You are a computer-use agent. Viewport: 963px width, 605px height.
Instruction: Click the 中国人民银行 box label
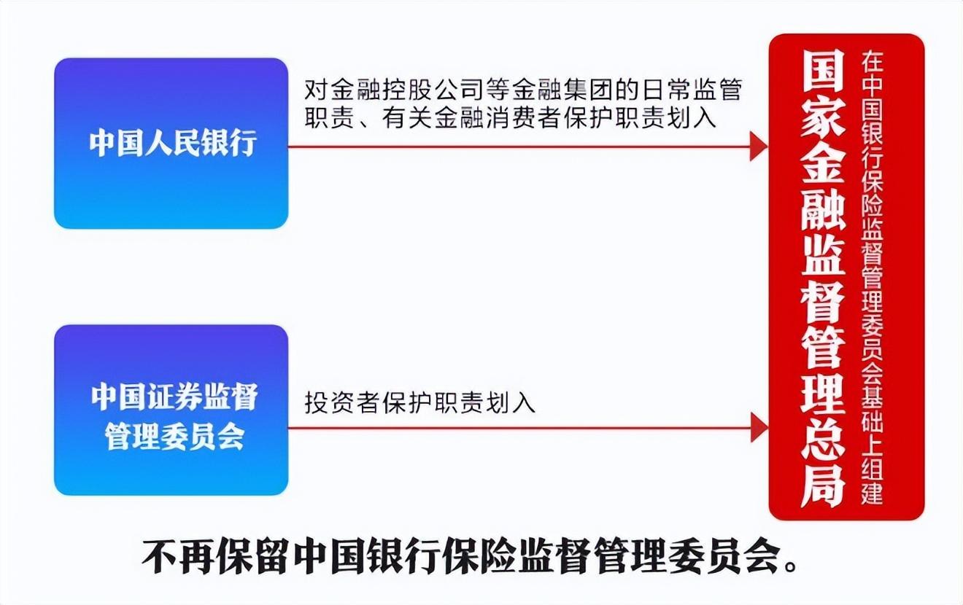point(173,142)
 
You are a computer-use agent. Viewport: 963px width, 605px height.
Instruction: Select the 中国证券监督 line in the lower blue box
point(174,397)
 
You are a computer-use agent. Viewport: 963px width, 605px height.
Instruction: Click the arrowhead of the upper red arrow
point(759,147)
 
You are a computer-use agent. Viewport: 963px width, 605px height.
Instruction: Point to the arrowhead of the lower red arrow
point(759,428)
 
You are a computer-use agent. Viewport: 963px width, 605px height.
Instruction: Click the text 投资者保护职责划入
point(419,402)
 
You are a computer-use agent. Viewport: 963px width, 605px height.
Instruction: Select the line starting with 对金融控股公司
point(523,90)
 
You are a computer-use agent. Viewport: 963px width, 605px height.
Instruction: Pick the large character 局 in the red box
point(822,486)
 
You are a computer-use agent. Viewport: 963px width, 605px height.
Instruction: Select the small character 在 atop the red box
point(872,62)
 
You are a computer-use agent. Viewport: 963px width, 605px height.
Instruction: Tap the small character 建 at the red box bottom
point(872,493)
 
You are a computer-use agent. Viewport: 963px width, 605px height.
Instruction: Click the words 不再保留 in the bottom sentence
point(213,558)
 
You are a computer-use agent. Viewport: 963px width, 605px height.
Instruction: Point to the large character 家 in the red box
point(822,120)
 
